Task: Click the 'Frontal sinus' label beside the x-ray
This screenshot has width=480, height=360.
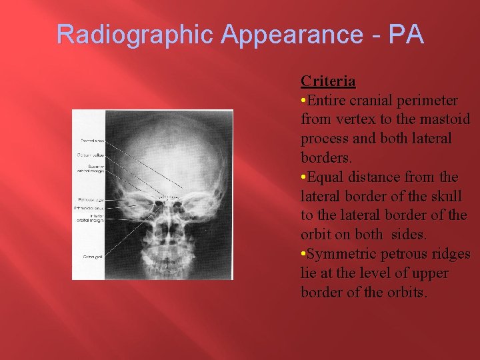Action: [89, 141]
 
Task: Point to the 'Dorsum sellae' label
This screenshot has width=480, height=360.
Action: [89, 155]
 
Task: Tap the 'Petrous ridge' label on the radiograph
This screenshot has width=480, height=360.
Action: [89, 199]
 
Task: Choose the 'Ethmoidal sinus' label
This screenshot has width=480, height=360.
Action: [89, 208]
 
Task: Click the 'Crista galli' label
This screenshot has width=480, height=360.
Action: [89, 256]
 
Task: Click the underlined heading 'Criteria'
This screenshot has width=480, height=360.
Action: [328, 81]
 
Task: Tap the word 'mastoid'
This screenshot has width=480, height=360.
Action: [446, 120]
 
